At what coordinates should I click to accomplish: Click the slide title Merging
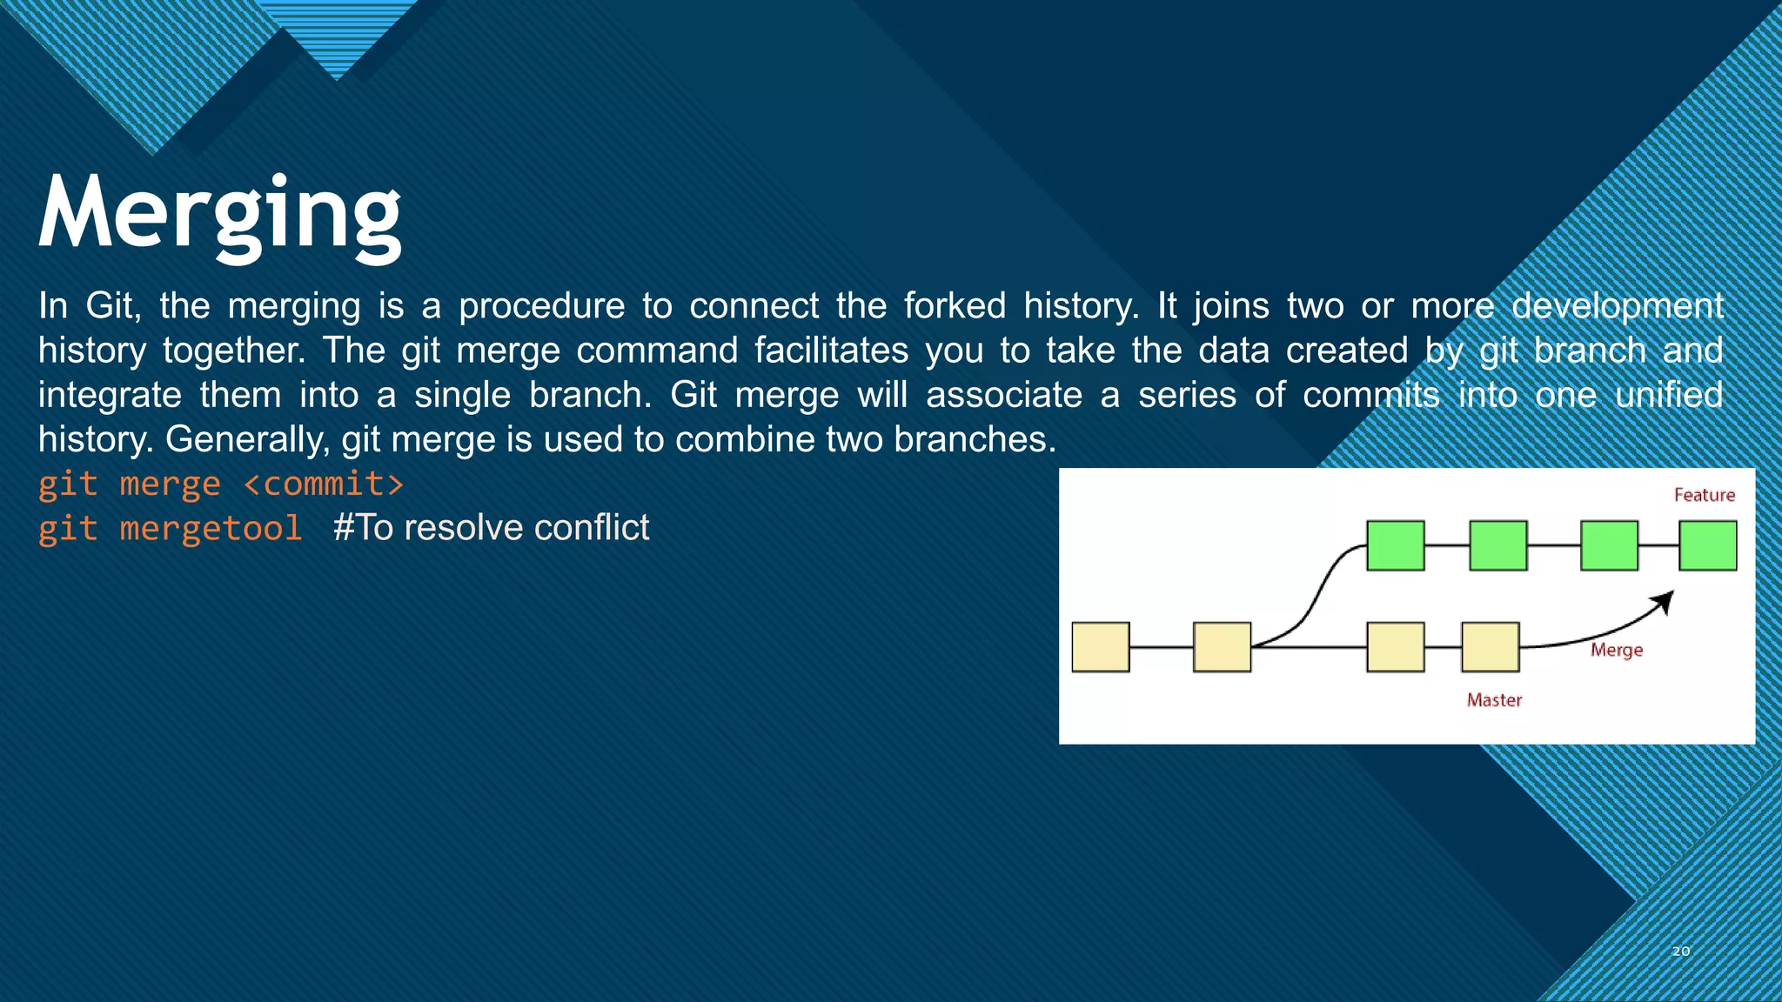[219, 214]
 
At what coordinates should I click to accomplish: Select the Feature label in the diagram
[1704, 495]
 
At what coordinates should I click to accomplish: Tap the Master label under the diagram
[1494, 700]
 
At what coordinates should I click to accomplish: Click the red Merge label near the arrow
[1616, 650]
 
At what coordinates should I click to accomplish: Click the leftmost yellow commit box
[1101, 647]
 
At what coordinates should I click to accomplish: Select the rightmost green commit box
[1707, 545]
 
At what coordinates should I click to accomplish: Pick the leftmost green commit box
[1396, 545]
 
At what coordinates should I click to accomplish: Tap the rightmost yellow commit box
[1490, 647]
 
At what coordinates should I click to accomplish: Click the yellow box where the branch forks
[1222, 647]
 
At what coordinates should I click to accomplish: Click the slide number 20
[1680, 952]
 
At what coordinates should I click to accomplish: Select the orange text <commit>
[324, 484]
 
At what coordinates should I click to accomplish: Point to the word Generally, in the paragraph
[247, 439]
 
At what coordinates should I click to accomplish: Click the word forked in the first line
[954, 306]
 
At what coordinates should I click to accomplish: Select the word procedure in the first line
[541, 306]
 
